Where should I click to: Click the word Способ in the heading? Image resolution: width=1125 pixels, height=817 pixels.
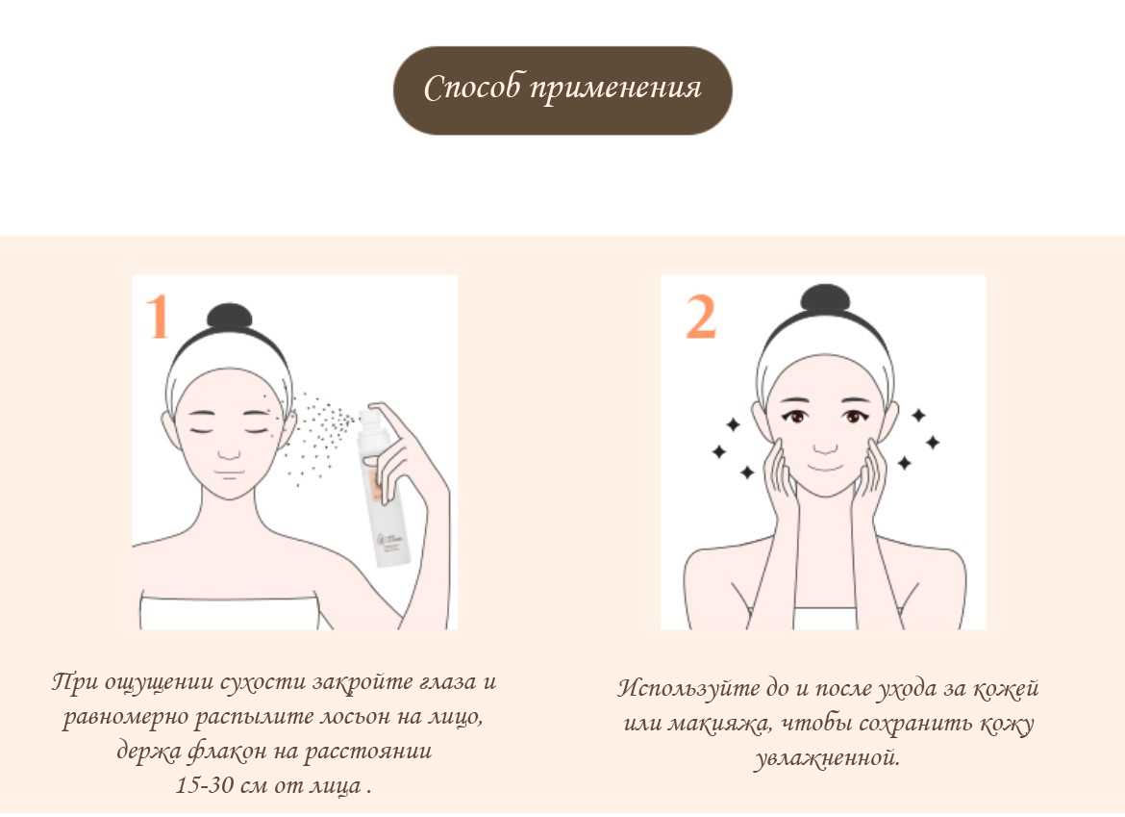point(473,89)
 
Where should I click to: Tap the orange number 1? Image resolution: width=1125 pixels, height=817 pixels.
point(157,316)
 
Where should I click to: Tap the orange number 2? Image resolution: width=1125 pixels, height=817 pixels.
point(701,317)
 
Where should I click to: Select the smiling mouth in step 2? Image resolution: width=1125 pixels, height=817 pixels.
point(827,469)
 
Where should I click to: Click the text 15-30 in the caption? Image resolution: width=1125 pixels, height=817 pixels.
point(205,784)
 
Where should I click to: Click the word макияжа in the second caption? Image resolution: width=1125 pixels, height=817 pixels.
point(719,724)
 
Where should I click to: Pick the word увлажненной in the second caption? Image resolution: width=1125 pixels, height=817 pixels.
point(827,757)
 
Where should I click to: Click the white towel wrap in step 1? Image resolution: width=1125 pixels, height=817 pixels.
point(230,612)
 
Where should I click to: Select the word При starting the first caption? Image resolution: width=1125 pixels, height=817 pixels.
point(76,681)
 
